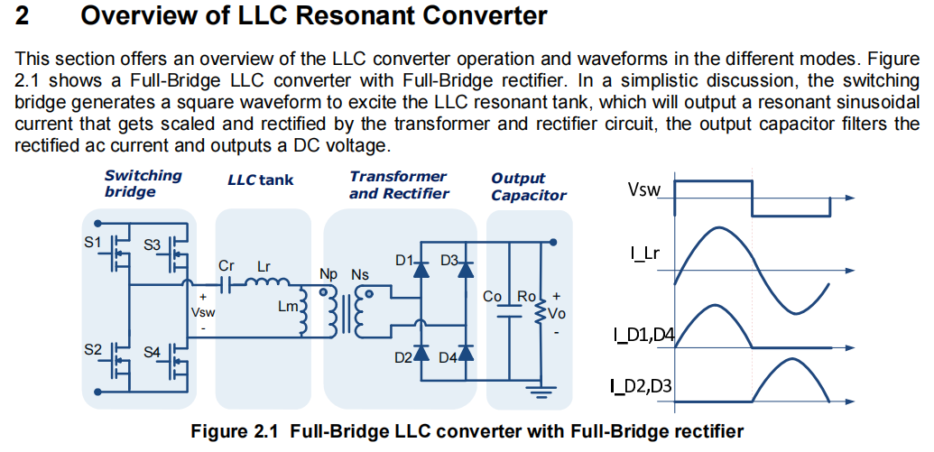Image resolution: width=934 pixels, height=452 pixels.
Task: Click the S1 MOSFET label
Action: click(93, 243)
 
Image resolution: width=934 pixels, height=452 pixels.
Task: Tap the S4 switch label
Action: click(152, 352)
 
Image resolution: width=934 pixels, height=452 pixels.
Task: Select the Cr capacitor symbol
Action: click(226, 285)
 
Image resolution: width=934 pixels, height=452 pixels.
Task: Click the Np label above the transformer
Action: click(328, 274)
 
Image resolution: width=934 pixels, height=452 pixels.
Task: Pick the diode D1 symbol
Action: click(421, 269)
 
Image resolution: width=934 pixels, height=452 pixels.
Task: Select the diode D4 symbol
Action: click(466, 353)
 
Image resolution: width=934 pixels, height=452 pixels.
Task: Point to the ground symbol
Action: click(541, 392)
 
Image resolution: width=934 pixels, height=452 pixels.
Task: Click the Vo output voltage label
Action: click(556, 313)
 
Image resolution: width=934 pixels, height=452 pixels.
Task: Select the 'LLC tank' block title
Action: click(260, 180)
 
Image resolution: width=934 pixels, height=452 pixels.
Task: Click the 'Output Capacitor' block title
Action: click(528, 187)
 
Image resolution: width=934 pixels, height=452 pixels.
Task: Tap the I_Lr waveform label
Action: click(644, 254)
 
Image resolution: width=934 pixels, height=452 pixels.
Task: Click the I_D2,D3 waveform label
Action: click(641, 386)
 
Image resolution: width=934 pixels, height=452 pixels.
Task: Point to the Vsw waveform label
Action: click(643, 189)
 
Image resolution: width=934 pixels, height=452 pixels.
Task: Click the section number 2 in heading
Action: click(22, 15)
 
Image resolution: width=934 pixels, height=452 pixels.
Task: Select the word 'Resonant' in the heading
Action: click(356, 15)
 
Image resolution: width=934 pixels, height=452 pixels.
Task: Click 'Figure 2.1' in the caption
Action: click(235, 430)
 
